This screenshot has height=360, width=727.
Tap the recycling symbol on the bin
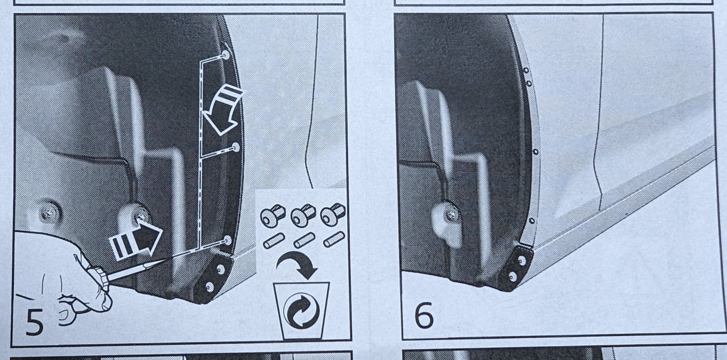tap(301, 311)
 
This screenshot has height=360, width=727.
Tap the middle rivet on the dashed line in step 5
tap(236, 147)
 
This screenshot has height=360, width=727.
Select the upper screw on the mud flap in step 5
tap(220, 269)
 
